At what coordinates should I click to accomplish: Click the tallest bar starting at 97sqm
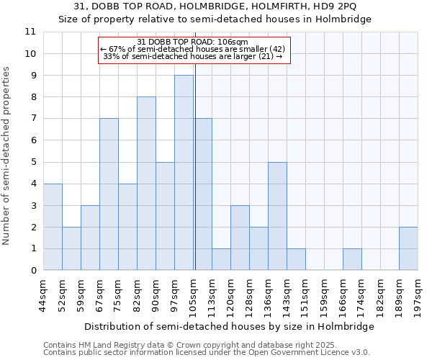[x=184, y=173]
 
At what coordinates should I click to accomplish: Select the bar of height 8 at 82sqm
[x=146, y=184]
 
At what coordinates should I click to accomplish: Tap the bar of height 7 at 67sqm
[x=109, y=194]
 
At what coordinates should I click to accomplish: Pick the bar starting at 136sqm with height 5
[x=277, y=216]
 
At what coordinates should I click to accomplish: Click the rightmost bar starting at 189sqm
[x=408, y=248]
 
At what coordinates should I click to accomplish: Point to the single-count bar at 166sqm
[x=352, y=259]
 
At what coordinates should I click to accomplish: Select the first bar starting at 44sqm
[x=53, y=227]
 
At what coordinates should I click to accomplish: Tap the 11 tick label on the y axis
[x=30, y=32]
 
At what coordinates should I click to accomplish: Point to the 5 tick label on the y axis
[x=32, y=162]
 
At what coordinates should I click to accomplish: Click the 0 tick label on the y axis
[x=32, y=271]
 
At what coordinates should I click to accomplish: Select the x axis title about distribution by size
[x=229, y=326]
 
